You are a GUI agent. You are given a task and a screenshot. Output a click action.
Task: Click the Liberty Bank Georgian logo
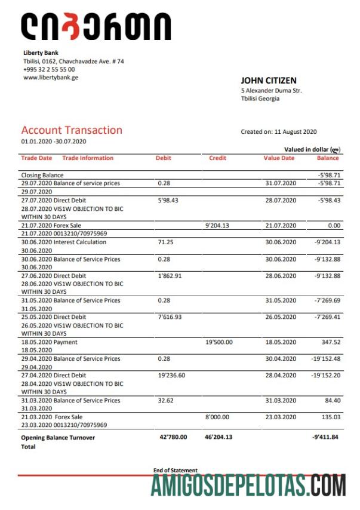click(96, 27)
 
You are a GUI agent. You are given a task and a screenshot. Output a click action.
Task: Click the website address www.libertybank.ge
click(51, 77)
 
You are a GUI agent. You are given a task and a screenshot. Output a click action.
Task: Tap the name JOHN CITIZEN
click(268, 81)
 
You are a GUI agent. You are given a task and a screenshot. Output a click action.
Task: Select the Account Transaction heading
click(72, 130)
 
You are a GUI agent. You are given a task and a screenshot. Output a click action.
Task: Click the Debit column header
click(164, 158)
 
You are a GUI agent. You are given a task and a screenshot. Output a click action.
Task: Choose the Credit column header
click(217, 158)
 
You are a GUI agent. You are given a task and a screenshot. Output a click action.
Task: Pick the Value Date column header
click(279, 158)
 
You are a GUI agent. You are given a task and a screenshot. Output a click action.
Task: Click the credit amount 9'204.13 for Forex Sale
click(217, 226)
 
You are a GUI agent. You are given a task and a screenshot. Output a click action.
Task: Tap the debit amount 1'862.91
click(169, 276)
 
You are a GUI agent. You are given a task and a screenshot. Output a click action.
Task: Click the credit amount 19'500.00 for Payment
click(219, 342)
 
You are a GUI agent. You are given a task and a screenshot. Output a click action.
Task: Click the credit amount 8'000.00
click(217, 417)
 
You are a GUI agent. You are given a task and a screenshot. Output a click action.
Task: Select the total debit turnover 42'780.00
click(174, 437)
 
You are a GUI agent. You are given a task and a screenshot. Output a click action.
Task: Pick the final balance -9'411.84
click(326, 437)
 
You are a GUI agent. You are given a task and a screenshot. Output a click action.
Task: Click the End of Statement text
click(176, 471)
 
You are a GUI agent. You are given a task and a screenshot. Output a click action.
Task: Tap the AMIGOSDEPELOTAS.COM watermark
click(248, 487)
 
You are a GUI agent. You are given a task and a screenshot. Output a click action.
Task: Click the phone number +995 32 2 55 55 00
click(49, 69)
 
